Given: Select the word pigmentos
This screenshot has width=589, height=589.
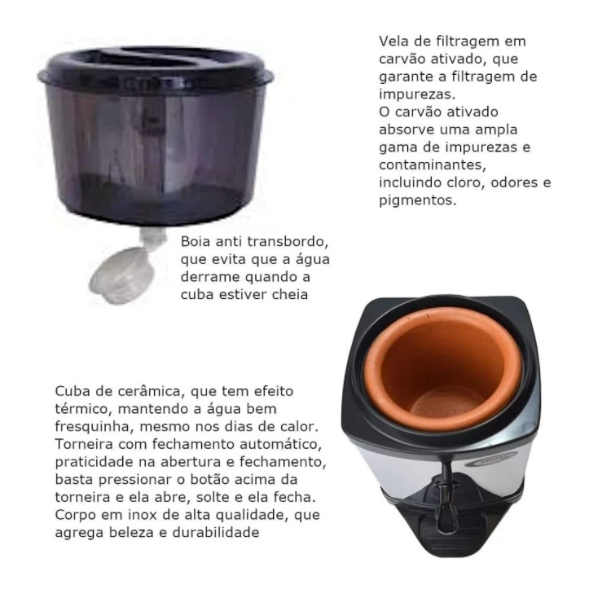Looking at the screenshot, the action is [x=418, y=200].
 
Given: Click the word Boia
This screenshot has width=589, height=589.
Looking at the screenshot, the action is [x=196, y=241].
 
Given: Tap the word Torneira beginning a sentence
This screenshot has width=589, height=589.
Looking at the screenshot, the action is [x=84, y=444].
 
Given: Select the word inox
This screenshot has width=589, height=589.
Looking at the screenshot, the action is [x=143, y=515].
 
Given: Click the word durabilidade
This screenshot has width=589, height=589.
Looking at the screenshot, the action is [x=216, y=532].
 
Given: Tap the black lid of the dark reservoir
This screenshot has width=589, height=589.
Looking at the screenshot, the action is [x=156, y=67].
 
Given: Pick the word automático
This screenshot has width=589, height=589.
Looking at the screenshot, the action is [x=280, y=444].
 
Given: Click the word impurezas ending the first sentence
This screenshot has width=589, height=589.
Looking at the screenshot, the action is [x=417, y=95].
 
